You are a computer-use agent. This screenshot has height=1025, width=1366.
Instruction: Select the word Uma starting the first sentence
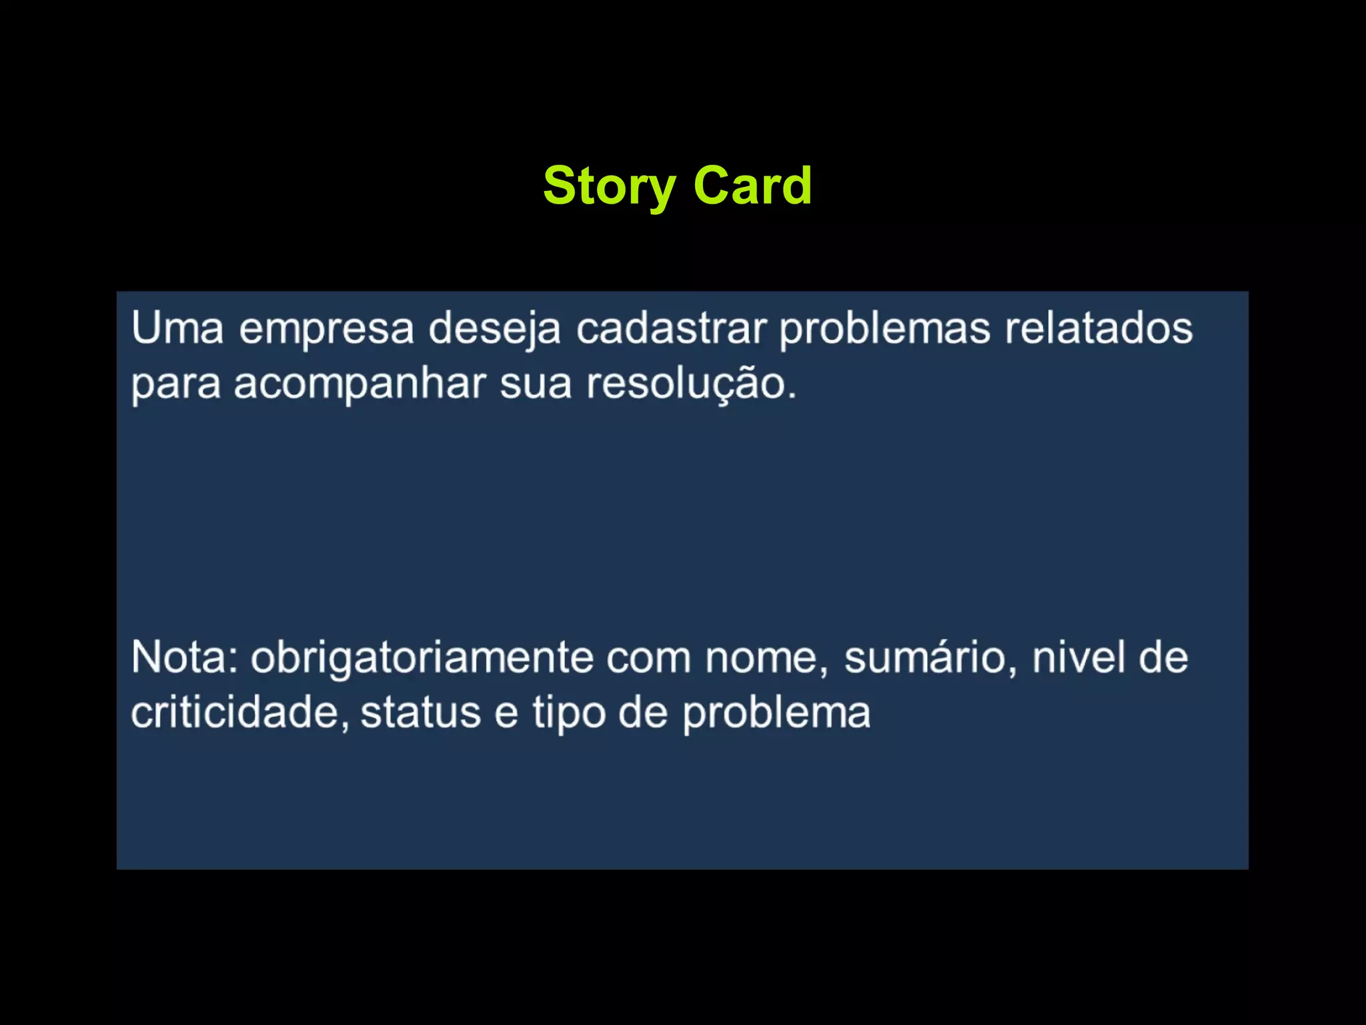[x=177, y=328]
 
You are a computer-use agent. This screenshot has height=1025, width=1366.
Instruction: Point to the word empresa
[x=326, y=330]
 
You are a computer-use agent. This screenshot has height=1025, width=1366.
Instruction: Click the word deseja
[x=494, y=330]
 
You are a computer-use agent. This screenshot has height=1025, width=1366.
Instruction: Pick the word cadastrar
[x=671, y=328]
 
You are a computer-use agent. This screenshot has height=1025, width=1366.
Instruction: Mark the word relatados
[x=1099, y=328]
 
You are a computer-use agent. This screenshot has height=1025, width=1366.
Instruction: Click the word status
[x=420, y=713]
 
